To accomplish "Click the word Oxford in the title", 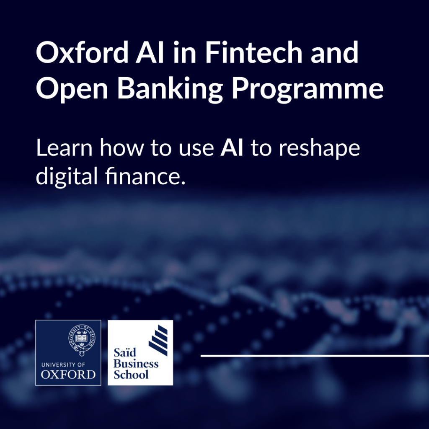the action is (x=83, y=52).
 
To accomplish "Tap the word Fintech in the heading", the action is (x=253, y=52).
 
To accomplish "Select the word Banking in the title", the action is (x=170, y=89).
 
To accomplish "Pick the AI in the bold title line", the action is (x=150, y=52).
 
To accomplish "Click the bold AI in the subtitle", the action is (x=232, y=148).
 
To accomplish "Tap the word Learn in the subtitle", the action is (x=64, y=148).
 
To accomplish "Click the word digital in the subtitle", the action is (x=67, y=176).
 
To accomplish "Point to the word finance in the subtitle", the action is (x=145, y=176).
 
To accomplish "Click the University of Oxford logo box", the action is (x=68, y=353).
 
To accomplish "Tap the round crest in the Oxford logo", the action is (x=82, y=339).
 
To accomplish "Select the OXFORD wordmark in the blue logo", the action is (x=68, y=375).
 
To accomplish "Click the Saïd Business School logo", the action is (x=140, y=353).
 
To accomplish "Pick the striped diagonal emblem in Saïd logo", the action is (x=158, y=340).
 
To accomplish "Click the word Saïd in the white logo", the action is (x=125, y=352).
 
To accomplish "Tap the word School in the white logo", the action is (x=131, y=375).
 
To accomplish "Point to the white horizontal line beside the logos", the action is (x=315, y=356).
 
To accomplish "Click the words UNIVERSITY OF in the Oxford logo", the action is (x=63, y=365).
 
